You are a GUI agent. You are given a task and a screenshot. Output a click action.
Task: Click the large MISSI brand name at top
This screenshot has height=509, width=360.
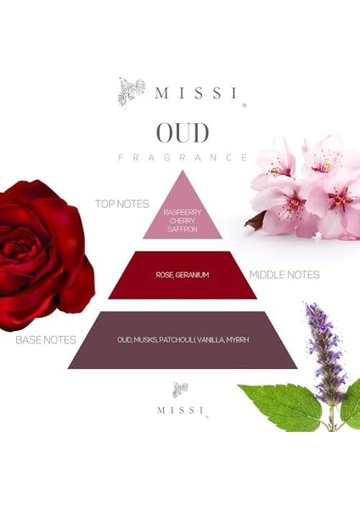point(196,93)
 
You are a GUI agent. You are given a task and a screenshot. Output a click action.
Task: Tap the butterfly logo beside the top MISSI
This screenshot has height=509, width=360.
point(132,92)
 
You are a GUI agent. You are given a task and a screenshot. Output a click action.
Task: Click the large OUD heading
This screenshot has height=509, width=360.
point(183,132)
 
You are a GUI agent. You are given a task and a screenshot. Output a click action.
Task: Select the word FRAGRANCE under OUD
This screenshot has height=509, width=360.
point(183,158)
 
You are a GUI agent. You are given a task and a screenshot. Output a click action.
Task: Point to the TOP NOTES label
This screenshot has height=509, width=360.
point(122,204)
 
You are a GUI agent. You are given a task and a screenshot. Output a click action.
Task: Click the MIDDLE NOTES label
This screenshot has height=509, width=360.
point(284,275)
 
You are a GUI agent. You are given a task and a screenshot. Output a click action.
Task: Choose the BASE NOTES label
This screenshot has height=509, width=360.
point(46,340)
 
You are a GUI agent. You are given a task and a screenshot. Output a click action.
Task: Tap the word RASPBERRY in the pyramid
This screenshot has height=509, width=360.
point(183,212)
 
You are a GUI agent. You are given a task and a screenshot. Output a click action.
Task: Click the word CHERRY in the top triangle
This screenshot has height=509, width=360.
point(183,221)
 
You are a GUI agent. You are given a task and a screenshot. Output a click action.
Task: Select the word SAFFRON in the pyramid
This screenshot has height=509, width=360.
point(183,229)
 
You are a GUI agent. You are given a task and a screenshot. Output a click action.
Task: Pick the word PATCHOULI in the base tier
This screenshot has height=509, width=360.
point(177,340)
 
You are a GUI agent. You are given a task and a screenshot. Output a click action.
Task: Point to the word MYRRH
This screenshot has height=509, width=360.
point(238,340)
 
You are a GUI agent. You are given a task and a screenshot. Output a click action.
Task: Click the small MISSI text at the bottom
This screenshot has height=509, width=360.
point(181,411)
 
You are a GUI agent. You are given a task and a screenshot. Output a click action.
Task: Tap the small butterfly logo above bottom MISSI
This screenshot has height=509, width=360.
point(180,390)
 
